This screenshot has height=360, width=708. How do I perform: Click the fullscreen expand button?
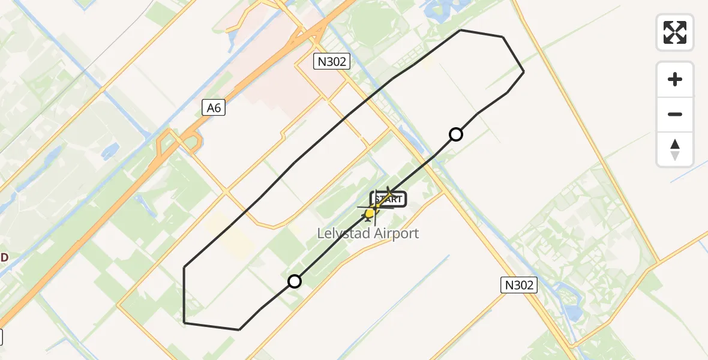tap(675, 32)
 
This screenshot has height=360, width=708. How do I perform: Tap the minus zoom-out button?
tap(675, 114)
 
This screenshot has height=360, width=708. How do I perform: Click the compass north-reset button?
tap(675, 149)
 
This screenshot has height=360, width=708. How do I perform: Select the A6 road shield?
tap(214, 107)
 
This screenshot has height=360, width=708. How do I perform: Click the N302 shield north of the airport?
tap(331, 61)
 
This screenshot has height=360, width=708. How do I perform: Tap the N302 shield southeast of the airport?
tap(519, 285)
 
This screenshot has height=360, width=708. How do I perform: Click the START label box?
tap(389, 199)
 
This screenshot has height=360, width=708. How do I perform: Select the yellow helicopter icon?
tap(370, 213)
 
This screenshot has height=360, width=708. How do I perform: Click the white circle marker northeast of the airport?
tap(456, 134)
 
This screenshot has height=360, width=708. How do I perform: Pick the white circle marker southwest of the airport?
tap(295, 281)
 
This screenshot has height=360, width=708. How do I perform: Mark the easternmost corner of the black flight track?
tap(524, 72)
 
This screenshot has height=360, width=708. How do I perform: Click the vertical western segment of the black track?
tap(184, 294)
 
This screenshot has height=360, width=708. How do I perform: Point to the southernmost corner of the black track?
tap(239, 329)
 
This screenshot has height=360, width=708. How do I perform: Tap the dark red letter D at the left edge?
tap(4, 258)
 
